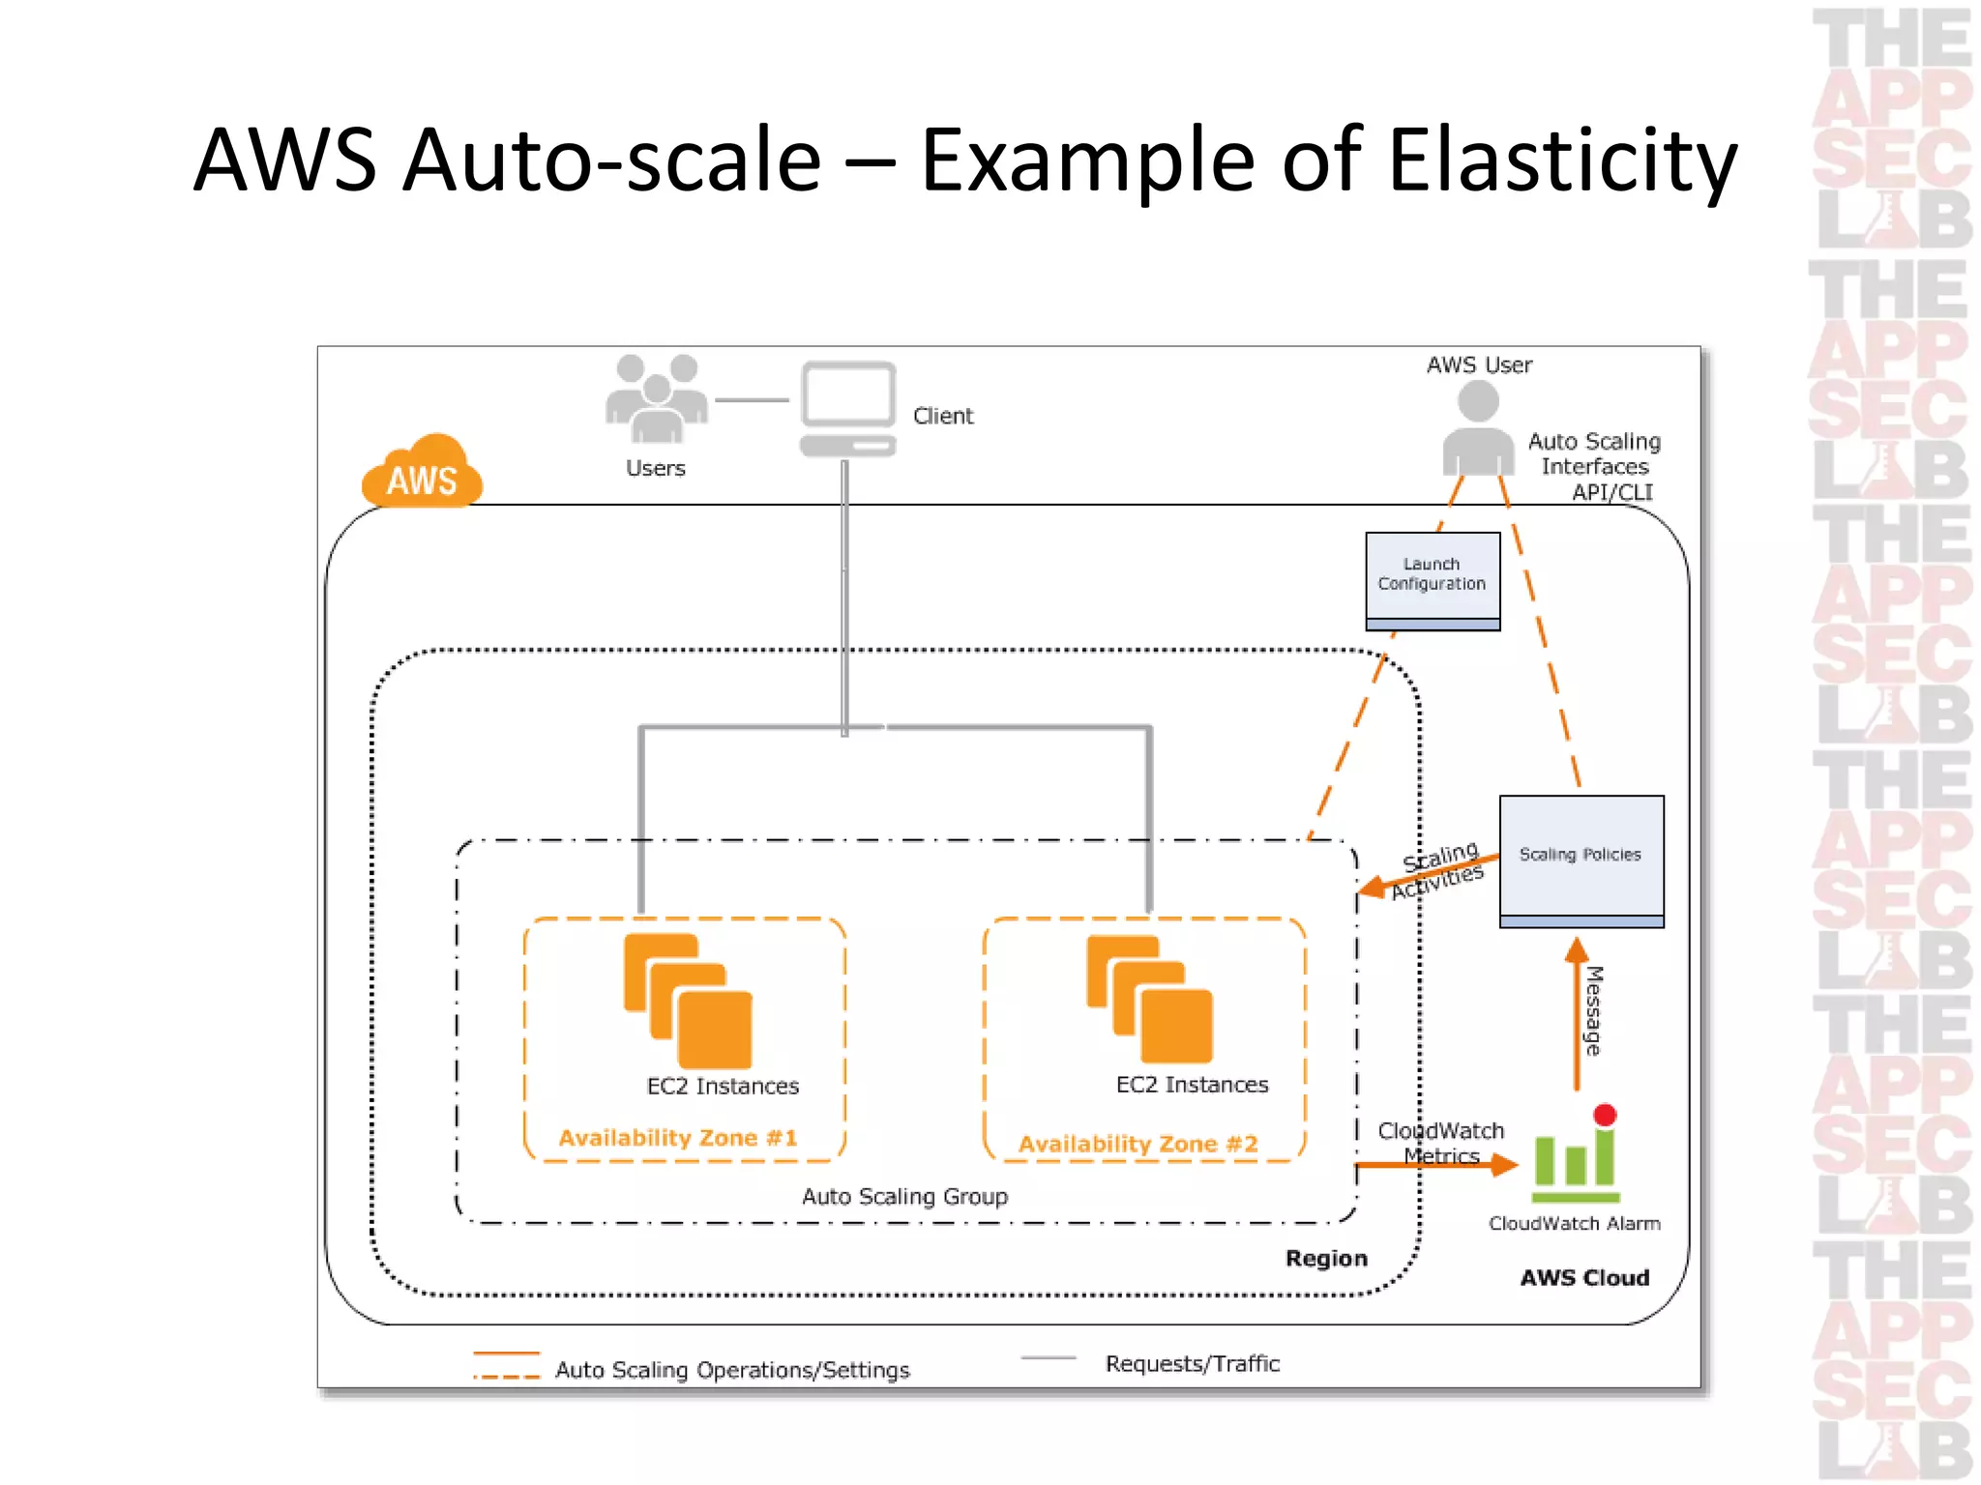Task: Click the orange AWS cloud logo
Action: click(x=422, y=473)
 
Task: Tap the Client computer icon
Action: click(x=847, y=407)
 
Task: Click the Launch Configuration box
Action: click(x=1433, y=580)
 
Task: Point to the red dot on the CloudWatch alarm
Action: click(x=1605, y=1115)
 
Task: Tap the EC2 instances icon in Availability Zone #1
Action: click(x=688, y=1001)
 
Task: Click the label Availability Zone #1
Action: click(x=678, y=1138)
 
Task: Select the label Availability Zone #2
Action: click(x=1138, y=1144)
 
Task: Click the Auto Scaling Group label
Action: click(x=904, y=1197)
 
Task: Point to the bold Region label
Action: click(x=1326, y=1259)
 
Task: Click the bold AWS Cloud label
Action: click(x=1584, y=1278)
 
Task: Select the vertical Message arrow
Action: click(x=1577, y=1015)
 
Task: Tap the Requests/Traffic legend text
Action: click(x=1192, y=1363)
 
